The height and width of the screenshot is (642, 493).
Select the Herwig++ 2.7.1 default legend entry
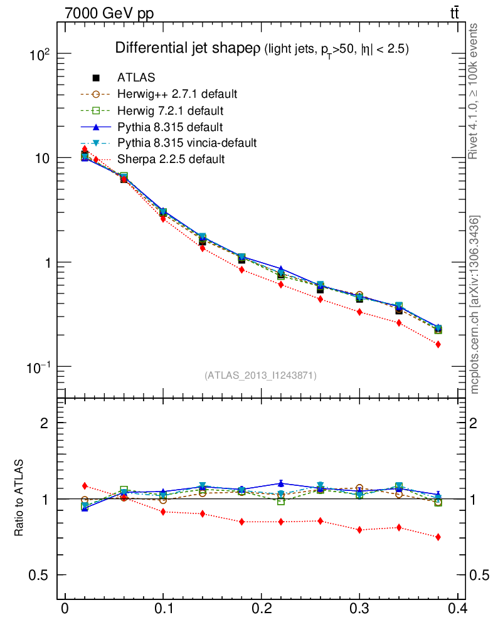coord(177,94)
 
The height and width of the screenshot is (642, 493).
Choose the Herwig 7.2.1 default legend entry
coord(171,110)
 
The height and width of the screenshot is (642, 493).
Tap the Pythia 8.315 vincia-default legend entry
coord(187,143)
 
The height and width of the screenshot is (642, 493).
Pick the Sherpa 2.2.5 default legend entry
coord(171,159)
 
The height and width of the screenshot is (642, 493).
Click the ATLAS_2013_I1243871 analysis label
coord(260,376)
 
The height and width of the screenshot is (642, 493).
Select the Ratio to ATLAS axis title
coord(19,498)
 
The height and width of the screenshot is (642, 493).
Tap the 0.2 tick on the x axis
coord(261,609)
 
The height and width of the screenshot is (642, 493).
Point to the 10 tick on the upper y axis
coord(42,158)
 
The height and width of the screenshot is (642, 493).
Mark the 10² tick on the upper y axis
coord(40,55)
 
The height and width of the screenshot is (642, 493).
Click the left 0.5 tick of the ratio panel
coord(40,576)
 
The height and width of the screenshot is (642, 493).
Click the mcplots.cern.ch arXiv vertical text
coord(475,305)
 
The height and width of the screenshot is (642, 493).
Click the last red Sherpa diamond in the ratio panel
coord(438,537)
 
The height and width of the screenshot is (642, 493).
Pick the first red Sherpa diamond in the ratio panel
coord(85,486)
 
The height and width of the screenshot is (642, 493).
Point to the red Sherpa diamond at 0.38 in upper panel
coord(438,344)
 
